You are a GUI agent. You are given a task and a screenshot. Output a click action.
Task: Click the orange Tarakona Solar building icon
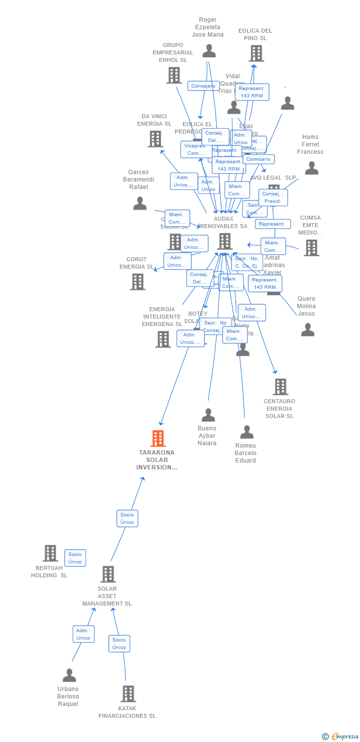click(158, 438)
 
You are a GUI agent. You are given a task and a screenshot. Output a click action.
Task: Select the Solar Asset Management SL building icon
click(108, 574)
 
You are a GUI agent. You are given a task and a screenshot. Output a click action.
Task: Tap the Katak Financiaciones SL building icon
click(128, 694)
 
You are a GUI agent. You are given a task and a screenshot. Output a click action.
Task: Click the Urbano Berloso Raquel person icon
click(69, 675)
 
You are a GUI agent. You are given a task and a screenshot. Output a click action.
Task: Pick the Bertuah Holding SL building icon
click(50, 553)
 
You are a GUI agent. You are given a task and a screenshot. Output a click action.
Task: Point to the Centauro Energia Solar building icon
click(280, 387)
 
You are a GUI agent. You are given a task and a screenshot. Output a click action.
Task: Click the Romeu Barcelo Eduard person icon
click(246, 432)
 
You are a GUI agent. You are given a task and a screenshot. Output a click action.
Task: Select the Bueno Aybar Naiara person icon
click(208, 415)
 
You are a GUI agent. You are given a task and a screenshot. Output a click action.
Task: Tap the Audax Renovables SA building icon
click(225, 241)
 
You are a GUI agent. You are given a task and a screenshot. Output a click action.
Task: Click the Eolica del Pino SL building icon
click(256, 53)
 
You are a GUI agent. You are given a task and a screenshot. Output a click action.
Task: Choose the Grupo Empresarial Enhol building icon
click(174, 75)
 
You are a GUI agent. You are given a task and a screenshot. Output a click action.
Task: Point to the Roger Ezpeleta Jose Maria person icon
click(209, 50)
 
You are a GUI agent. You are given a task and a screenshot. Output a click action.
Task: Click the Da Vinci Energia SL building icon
click(155, 139)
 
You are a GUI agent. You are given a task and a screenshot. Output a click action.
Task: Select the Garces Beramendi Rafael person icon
click(140, 203)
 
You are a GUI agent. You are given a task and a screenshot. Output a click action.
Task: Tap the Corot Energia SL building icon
click(137, 281)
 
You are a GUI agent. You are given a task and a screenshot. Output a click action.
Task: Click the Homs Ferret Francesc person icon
click(312, 168)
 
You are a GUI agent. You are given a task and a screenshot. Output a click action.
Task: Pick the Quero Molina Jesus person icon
click(308, 329)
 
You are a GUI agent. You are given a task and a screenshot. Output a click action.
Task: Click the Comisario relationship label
click(258, 159)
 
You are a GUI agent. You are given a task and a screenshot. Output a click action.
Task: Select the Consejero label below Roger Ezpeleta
click(203, 86)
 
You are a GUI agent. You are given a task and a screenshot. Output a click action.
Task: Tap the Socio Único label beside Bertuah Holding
click(75, 558)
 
